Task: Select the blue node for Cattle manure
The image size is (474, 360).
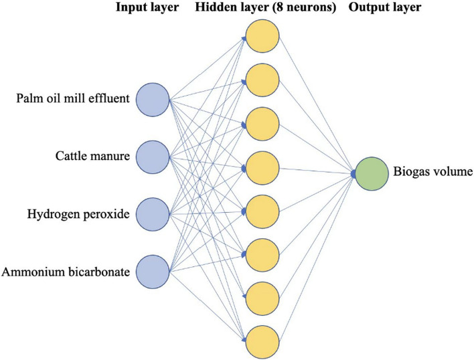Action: (153, 157)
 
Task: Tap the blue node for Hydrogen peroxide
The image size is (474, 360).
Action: (153, 214)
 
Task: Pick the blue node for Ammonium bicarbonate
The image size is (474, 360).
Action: (153, 271)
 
